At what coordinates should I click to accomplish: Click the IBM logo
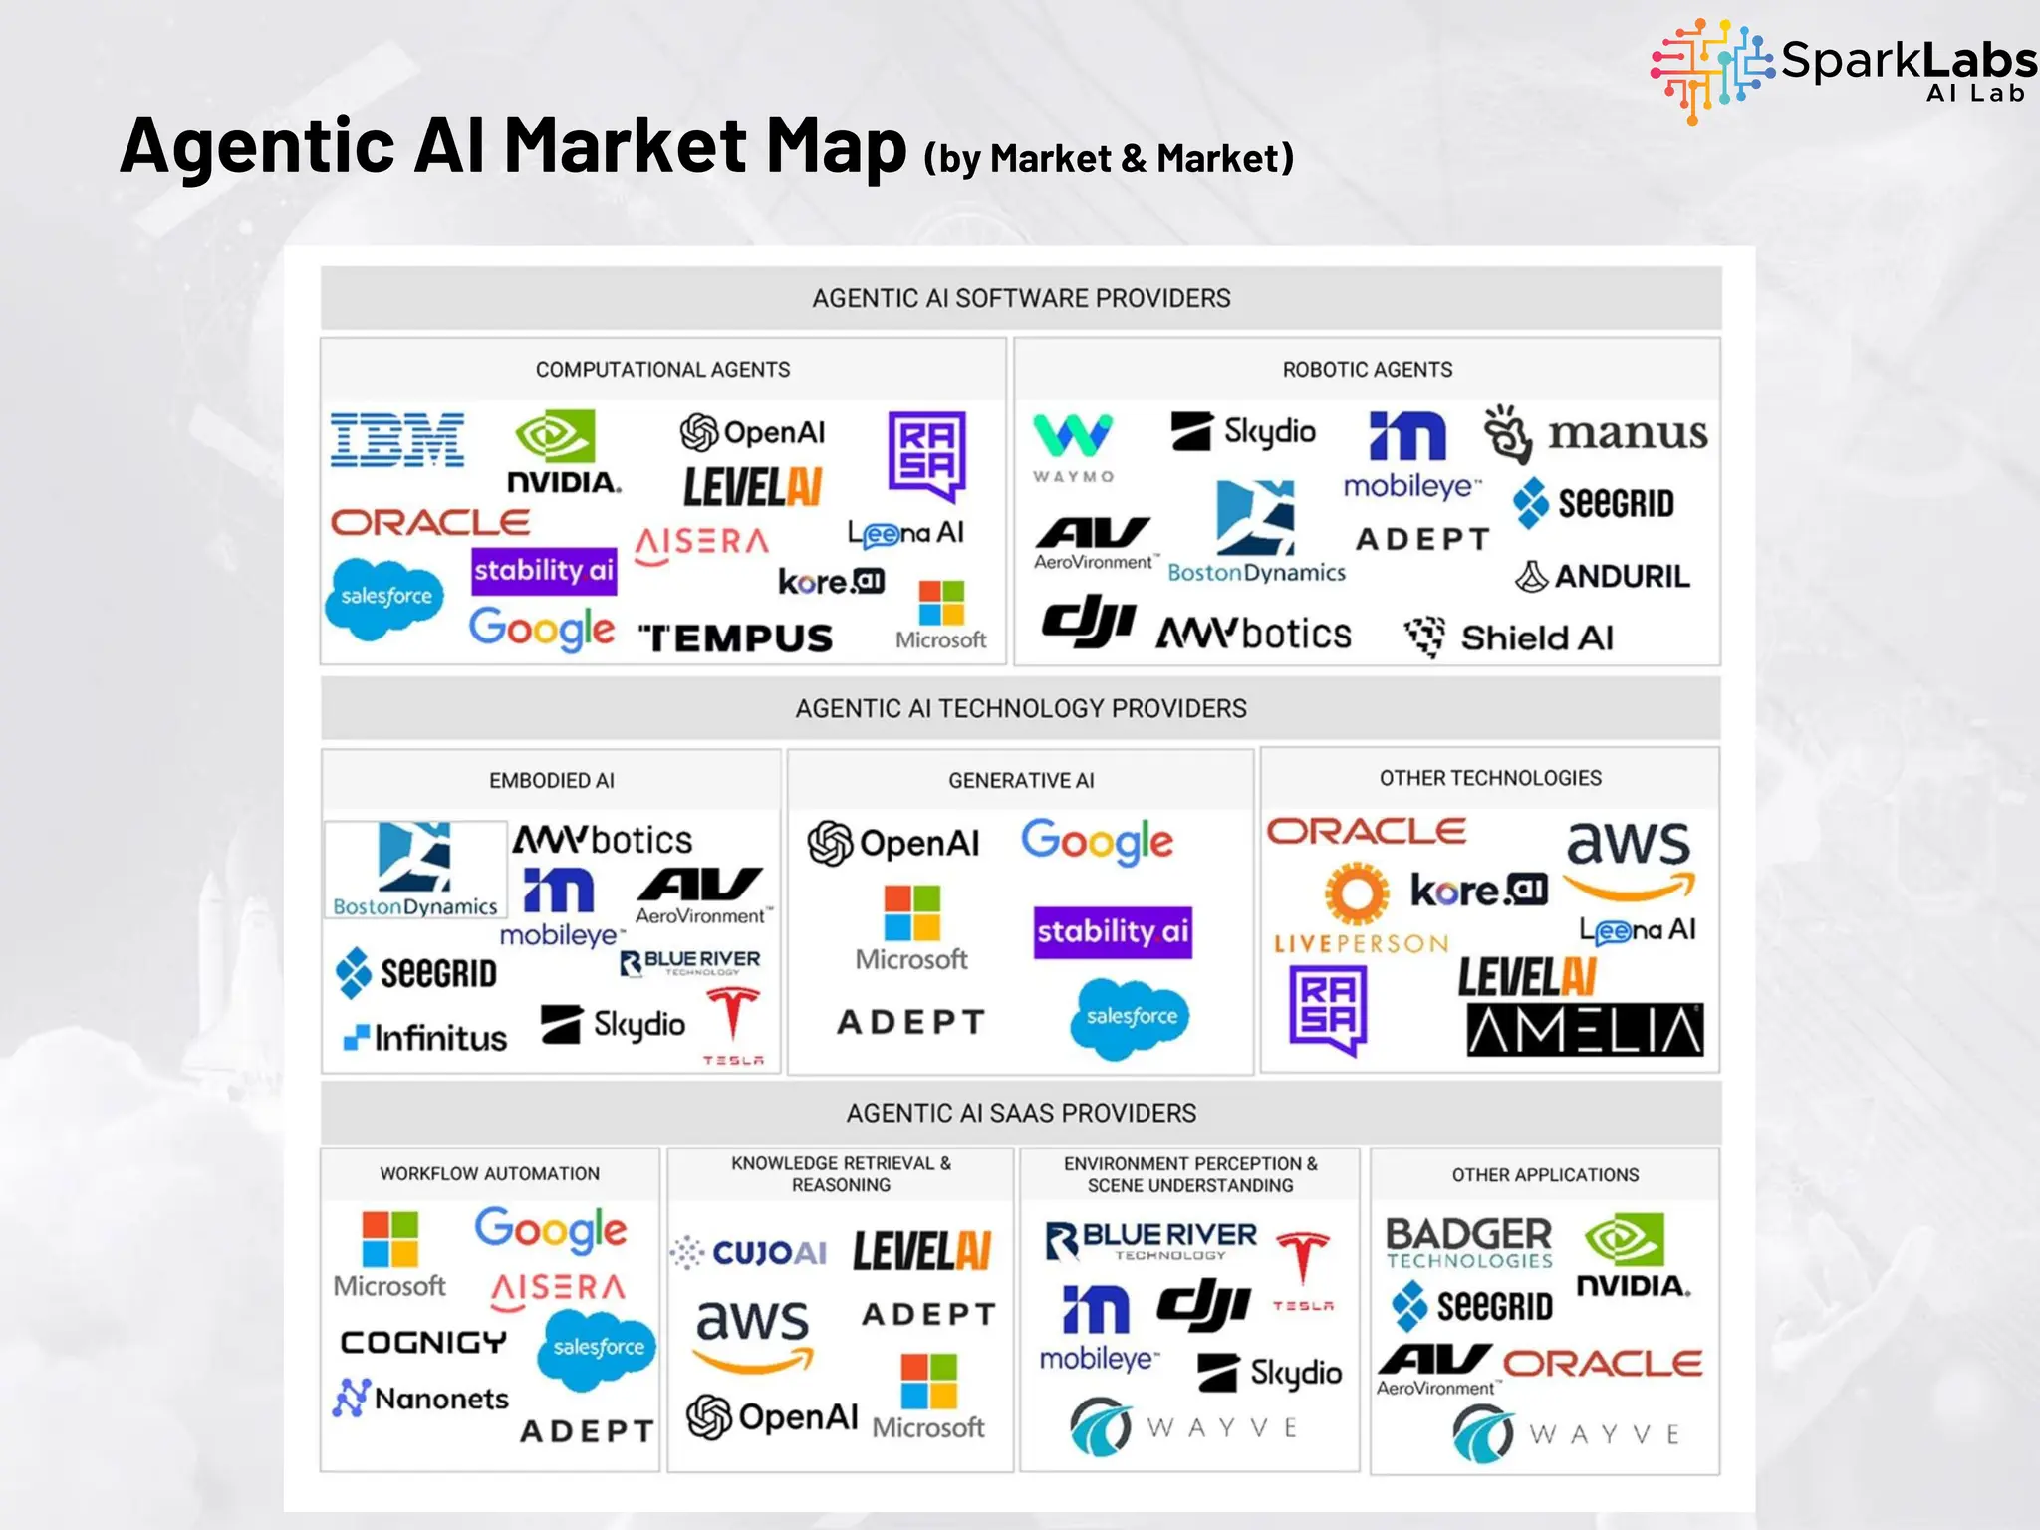397,439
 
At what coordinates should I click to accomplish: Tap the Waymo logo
1072,447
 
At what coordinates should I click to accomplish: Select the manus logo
1596,434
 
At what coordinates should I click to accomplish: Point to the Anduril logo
1602,576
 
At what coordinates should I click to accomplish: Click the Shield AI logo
1508,637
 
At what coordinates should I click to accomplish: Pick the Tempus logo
735,637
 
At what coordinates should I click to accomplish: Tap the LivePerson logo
1359,909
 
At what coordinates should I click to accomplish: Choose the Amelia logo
1585,1030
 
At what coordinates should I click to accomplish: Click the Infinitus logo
425,1038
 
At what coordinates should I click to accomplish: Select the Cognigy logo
423,1342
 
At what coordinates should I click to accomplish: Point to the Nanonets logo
420,1399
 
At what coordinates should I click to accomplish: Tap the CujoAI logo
748,1252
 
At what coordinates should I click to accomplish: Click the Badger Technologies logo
1468,1242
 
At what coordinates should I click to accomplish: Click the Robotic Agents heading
1367,370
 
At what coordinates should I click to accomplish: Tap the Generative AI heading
1021,780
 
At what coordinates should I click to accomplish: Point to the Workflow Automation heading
489,1174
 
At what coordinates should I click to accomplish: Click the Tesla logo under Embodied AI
733,1025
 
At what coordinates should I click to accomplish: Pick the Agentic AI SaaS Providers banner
1021,1113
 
